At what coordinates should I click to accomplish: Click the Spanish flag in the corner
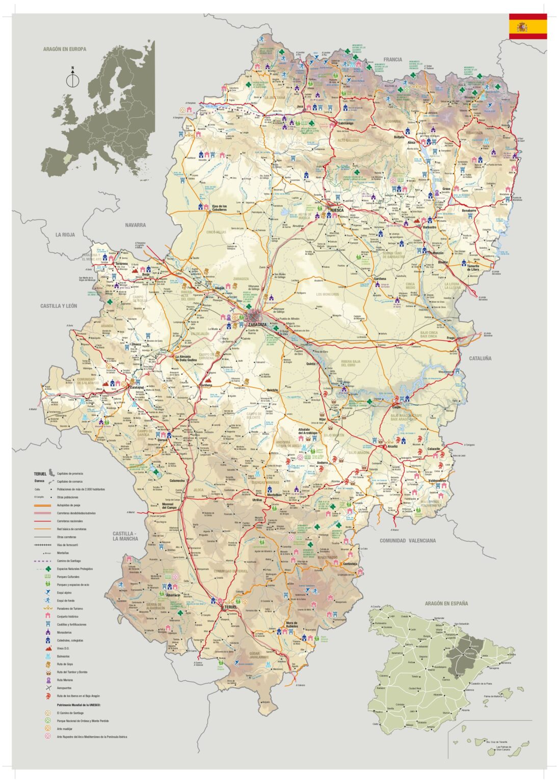[x=527, y=27]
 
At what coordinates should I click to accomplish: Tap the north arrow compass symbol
[x=73, y=79]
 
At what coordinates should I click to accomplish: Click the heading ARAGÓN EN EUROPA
[x=65, y=49]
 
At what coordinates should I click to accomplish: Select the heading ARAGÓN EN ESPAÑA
[x=446, y=603]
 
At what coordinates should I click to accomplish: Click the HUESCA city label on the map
[x=337, y=210]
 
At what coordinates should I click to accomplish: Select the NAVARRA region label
[x=135, y=225]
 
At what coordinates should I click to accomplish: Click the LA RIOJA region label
[x=65, y=234]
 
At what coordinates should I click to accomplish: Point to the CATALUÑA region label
[x=480, y=358]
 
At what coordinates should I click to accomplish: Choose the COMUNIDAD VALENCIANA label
[x=408, y=540]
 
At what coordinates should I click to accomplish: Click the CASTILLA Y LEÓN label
[x=59, y=306]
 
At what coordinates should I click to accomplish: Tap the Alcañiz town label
[x=392, y=446]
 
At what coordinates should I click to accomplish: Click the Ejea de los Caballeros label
[x=219, y=208]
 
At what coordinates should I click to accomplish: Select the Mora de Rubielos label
[x=291, y=625]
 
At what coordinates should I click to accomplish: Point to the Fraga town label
[x=450, y=338]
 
